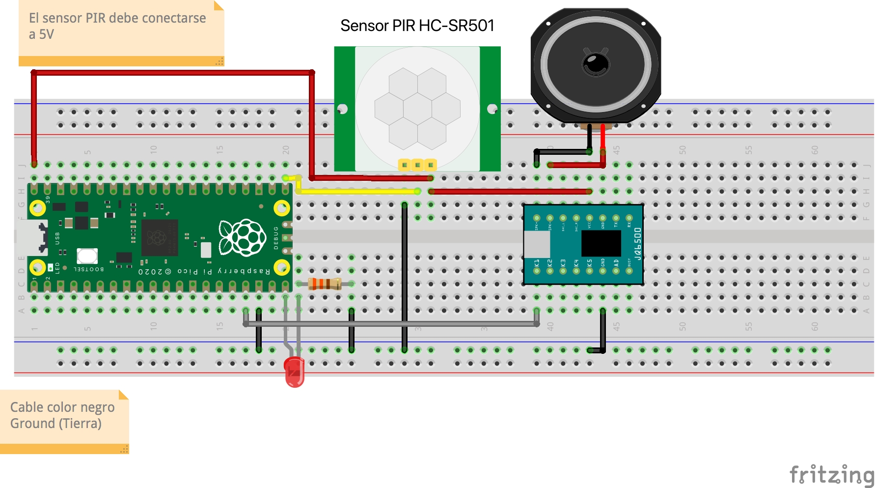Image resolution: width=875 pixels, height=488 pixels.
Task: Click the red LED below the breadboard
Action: click(294, 372)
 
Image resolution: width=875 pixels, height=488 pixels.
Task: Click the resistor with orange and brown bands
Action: click(325, 284)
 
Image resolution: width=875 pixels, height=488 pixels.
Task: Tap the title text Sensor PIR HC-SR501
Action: click(417, 26)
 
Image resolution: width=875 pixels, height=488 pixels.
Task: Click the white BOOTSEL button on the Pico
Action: click(87, 256)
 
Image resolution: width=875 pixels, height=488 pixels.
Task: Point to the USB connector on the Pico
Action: click(32, 238)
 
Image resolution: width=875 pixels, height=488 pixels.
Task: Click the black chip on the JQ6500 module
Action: click(601, 243)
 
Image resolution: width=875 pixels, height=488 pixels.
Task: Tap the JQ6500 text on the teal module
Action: click(637, 244)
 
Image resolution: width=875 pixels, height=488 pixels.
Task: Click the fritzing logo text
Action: click(831, 475)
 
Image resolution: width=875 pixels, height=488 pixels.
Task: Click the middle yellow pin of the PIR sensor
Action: click(417, 165)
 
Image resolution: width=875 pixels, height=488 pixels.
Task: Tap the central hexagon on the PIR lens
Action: click(417, 109)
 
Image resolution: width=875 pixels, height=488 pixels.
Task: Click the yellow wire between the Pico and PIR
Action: click(358, 191)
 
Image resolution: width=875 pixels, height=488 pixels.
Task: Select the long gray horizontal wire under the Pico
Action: click(393, 324)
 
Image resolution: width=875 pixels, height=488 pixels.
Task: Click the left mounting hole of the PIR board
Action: click(342, 109)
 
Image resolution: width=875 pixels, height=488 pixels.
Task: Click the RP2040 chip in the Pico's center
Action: click(158, 238)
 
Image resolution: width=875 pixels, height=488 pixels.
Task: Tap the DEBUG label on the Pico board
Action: click(276, 238)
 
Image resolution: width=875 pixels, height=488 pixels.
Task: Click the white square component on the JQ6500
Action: click(537, 244)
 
